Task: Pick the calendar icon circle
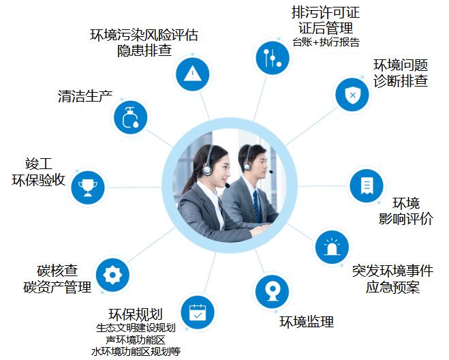[x=197, y=314]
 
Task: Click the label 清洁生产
[x=84, y=97]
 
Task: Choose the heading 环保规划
[x=135, y=314]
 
